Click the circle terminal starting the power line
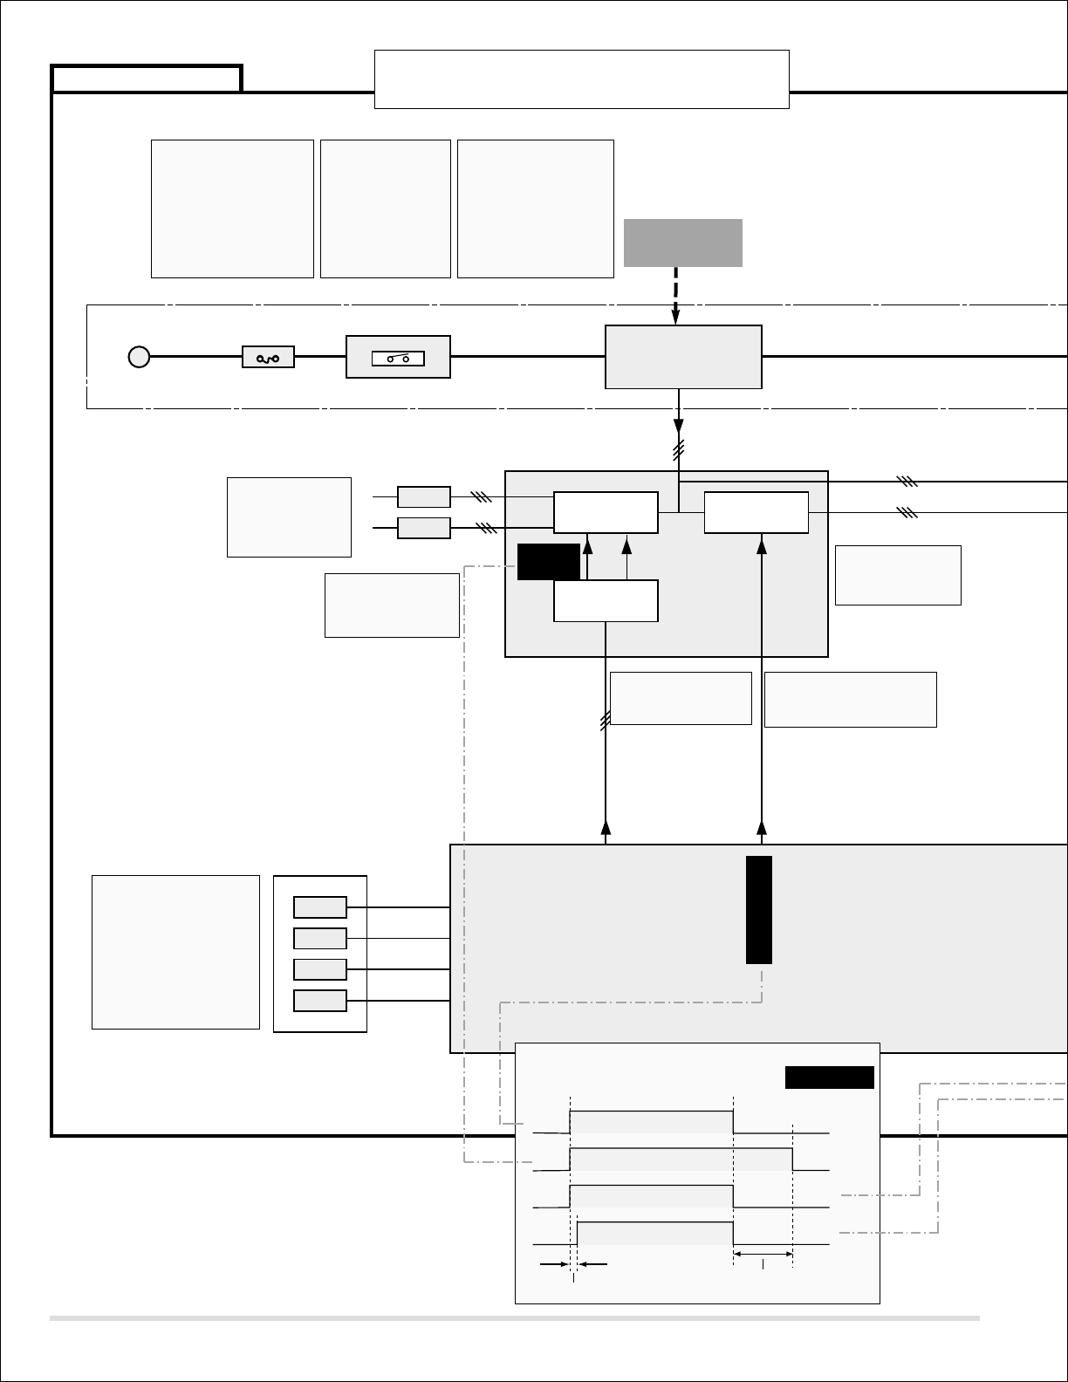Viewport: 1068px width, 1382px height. click(x=139, y=357)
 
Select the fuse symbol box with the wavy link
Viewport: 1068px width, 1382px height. click(x=268, y=357)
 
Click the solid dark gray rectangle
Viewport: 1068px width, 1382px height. click(x=683, y=243)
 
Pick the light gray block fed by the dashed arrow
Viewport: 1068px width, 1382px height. click(x=683, y=357)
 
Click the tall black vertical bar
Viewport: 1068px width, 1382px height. click(x=759, y=910)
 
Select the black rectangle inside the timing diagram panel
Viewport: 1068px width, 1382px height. click(x=829, y=1078)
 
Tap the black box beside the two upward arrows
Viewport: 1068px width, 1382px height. click(x=548, y=562)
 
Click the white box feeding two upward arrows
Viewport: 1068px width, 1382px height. click(x=606, y=601)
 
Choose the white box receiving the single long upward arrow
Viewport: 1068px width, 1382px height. click(x=756, y=512)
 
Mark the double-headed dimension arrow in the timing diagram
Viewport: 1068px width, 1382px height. click(x=763, y=1254)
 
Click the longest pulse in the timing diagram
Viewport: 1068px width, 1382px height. click(x=681, y=1160)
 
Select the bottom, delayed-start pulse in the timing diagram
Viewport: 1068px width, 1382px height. click(x=654, y=1233)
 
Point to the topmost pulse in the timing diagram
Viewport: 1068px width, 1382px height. click(x=651, y=1122)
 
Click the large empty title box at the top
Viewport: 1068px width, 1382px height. click(x=581, y=79)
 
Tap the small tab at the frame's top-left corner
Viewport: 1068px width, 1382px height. click(x=147, y=79)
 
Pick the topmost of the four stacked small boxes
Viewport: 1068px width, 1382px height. click(x=320, y=907)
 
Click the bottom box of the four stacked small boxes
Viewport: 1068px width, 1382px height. click(x=320, y=1001)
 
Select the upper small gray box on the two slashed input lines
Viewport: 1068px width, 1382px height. click(x=424, y=497)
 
